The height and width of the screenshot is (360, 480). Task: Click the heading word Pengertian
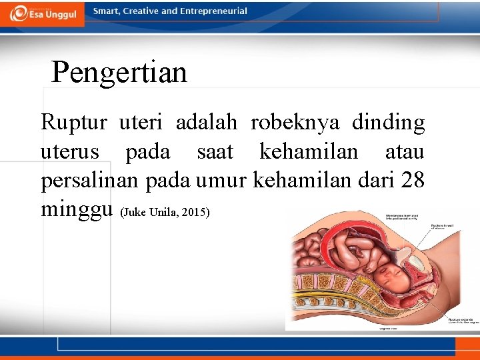[x=119, y=72]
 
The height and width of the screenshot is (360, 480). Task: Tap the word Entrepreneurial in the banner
[x=213, y=11]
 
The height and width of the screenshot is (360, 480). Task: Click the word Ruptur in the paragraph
[x=74, y=123]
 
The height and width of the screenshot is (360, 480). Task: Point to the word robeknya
[x=295, y=123]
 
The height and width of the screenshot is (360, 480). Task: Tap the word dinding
[x=388, y=123]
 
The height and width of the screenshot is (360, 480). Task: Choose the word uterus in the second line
[x=70, y=152]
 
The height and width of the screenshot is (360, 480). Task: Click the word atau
[x=404, y=152]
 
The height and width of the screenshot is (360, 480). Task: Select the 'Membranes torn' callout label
[x=405, y=216]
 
